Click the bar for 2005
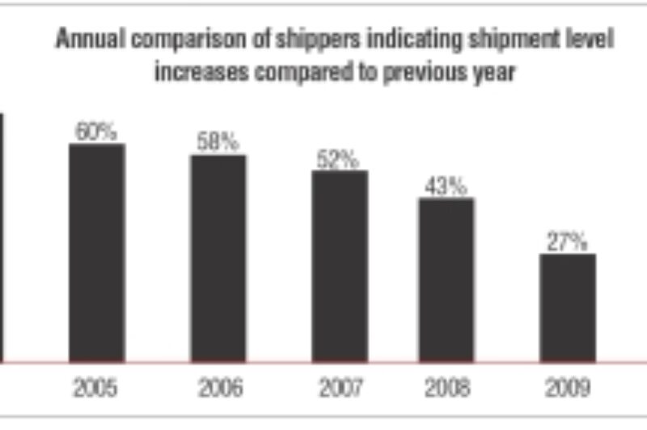click(x=96, y=252)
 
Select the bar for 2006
click(x=218, y=258)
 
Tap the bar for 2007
click(x=340, y=266)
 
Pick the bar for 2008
click(x=446, y=280)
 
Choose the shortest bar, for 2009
click(x=568, y=308)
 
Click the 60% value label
click(x=96, y=131)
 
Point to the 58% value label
click(x=218, y=142)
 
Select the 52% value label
click(x=338, y=159)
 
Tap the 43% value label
click(x=446, y=186)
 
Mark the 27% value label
click(x=566, y=242)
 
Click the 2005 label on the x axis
click(x=95, y=389)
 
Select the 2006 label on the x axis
click(x=219, y=389)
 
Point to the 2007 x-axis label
click(x=340, y=389)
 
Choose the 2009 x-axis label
click(x=567, y=389)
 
